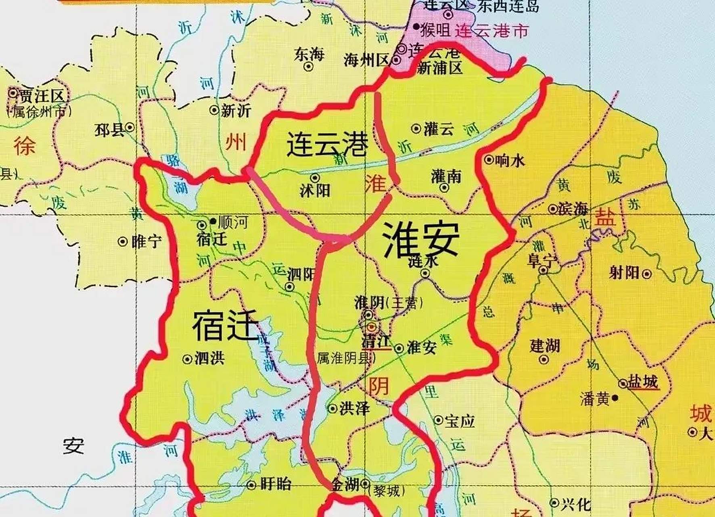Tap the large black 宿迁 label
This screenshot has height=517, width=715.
pos(225,326)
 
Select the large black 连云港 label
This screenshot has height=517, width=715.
pos(327,144)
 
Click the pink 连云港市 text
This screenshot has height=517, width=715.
pos(491,31)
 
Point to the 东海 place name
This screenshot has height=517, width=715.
pos(309,55)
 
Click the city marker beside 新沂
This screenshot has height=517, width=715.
pos(214,109)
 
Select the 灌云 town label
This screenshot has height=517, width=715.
pos(439,129)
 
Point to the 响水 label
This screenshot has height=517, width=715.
pos(510,161)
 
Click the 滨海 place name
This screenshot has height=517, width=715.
pos(573,209)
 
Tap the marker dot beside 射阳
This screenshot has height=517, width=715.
pos(646,274)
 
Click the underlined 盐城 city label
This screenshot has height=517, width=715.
pos(643,382)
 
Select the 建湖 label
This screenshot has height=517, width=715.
pos(545,346)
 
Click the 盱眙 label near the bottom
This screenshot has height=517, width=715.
pos(276,484)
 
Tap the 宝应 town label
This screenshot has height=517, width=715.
pos(460,421)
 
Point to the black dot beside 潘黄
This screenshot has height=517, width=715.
pos(615,398)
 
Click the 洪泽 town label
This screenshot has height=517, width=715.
pos(354,408)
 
